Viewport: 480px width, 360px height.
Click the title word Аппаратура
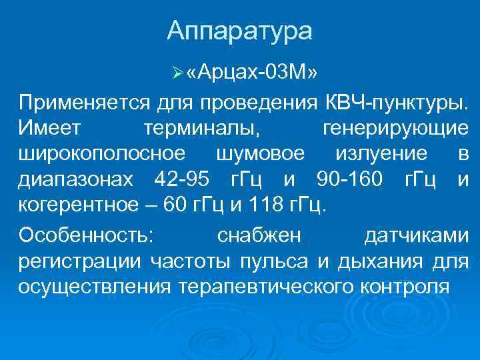(239, 31)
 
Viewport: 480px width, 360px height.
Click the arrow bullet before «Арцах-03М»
(175, 72)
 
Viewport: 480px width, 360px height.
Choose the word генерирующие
(394, 128)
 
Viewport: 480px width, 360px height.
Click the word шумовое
(261, 153)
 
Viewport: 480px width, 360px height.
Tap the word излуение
(382, 153)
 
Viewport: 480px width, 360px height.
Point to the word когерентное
(81, 204)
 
